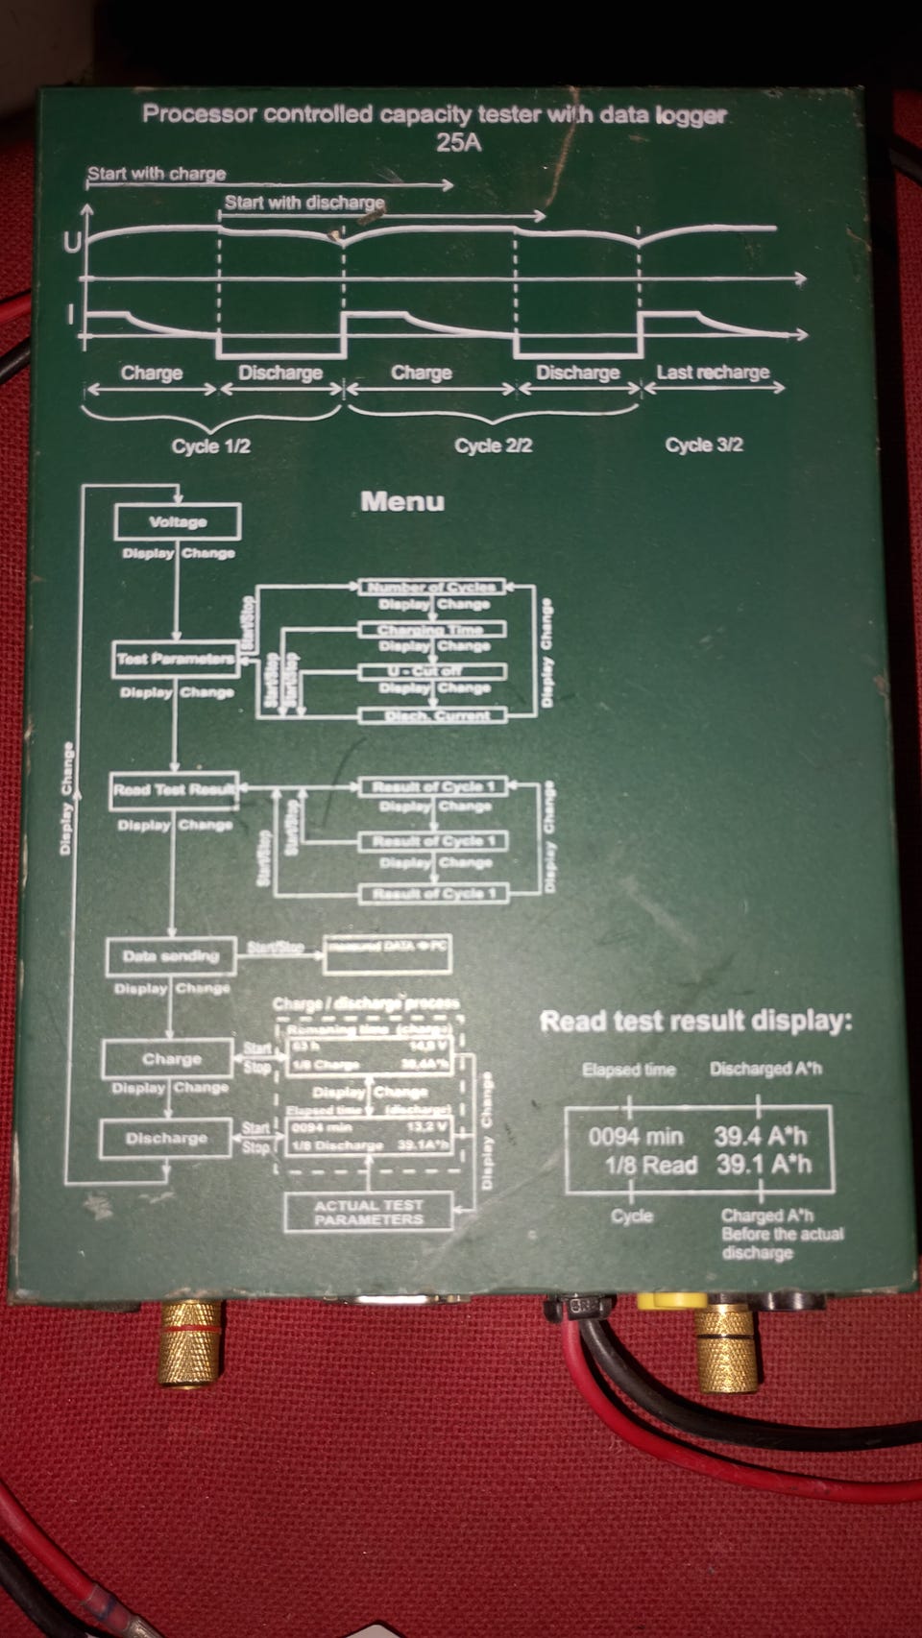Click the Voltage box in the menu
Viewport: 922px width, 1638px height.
click(x=178, y=522)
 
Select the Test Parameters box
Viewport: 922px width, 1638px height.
click(x=175, y=660)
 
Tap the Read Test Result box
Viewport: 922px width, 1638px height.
click(x=174, y=790)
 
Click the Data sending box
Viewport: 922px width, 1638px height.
click(x=170, y=956)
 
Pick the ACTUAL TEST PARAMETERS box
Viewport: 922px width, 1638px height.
click(x=368, y=1212)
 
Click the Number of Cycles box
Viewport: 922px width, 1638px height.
click(x=432, y=587)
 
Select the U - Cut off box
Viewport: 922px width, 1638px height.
click(x=432, y=671)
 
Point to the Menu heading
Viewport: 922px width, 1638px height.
click(x=402, y=501)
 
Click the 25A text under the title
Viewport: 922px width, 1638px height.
click(x=459, y=143)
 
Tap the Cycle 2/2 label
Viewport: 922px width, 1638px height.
click(x=493, y=446)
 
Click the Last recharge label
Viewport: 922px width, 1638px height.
click(x=713, y=373)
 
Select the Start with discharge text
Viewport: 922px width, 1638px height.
click(x=304, y=203)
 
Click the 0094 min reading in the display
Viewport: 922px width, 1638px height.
click(x=635, y=1137)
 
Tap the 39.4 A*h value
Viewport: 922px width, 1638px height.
click(x=760, y=1137)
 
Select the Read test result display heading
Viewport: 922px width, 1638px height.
click(x=695, y=1021)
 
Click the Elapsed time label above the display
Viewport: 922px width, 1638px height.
click(x=628, y=1070)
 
